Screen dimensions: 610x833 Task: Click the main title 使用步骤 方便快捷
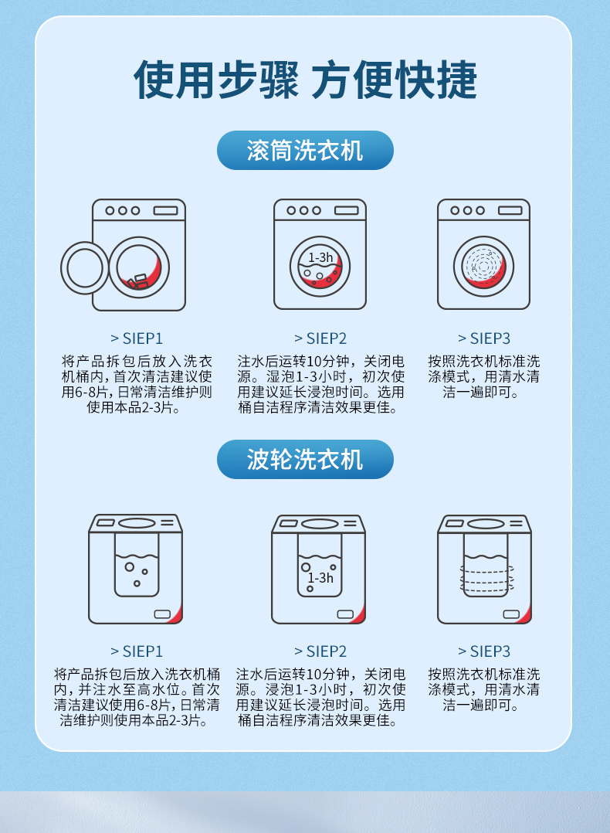point(305,80)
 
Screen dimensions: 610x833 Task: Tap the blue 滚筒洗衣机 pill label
point(305,151)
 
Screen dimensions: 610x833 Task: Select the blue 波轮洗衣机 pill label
point(305,460)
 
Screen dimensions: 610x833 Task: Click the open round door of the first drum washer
point(62,268)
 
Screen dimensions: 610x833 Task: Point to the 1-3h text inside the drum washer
point(320,257)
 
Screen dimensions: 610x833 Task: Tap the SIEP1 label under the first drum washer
point(137,338)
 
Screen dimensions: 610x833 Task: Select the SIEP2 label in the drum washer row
point(320,338)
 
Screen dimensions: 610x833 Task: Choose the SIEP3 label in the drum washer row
point(484,338)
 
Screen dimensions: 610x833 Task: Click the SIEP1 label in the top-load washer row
point(137,651)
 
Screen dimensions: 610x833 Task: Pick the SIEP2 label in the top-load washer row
point(320,651)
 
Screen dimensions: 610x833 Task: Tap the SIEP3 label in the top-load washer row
point(484,651)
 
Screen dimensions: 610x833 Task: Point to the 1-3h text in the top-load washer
point(320,578)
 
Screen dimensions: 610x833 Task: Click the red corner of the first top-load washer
point(178,617)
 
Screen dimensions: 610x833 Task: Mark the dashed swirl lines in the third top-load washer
point(486,578)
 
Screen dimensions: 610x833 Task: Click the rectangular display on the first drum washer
point(166,211)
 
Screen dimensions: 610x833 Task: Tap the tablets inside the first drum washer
point(138,281)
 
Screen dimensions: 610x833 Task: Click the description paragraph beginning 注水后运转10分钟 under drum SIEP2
point(320,385)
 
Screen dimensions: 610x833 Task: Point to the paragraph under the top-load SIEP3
point(484,689)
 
